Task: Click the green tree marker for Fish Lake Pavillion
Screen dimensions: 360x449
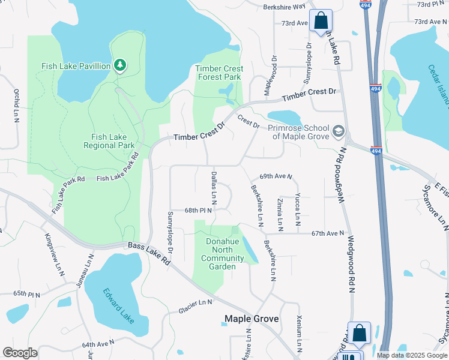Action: pyautogui.click(x=120, y=65)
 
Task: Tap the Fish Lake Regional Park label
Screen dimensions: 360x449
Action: pyautogui.click(x=109, y=141)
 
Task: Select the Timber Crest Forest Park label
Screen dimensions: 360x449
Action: pyautogui.click(x=218, y=73)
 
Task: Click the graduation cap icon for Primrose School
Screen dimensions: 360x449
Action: pyautogui.click(x=339, y=131)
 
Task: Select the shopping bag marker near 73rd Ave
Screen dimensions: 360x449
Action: pyautogui.click(x=321, y=20)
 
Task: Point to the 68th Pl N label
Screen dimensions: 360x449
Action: pyautogui.click(x=199, y=211)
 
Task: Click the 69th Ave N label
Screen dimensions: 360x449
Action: pyautogui.click(x=276, y=177)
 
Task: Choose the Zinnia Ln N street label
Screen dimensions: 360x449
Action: pyautogui.click(x=280, y=213)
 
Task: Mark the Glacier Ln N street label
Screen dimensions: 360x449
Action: pyautogui.click(x=196, y=307)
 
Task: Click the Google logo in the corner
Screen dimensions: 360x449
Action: pyautogui.click(x=20, y=352)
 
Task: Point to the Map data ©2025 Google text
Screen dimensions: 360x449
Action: pyautogui.click(x=411, y=355)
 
